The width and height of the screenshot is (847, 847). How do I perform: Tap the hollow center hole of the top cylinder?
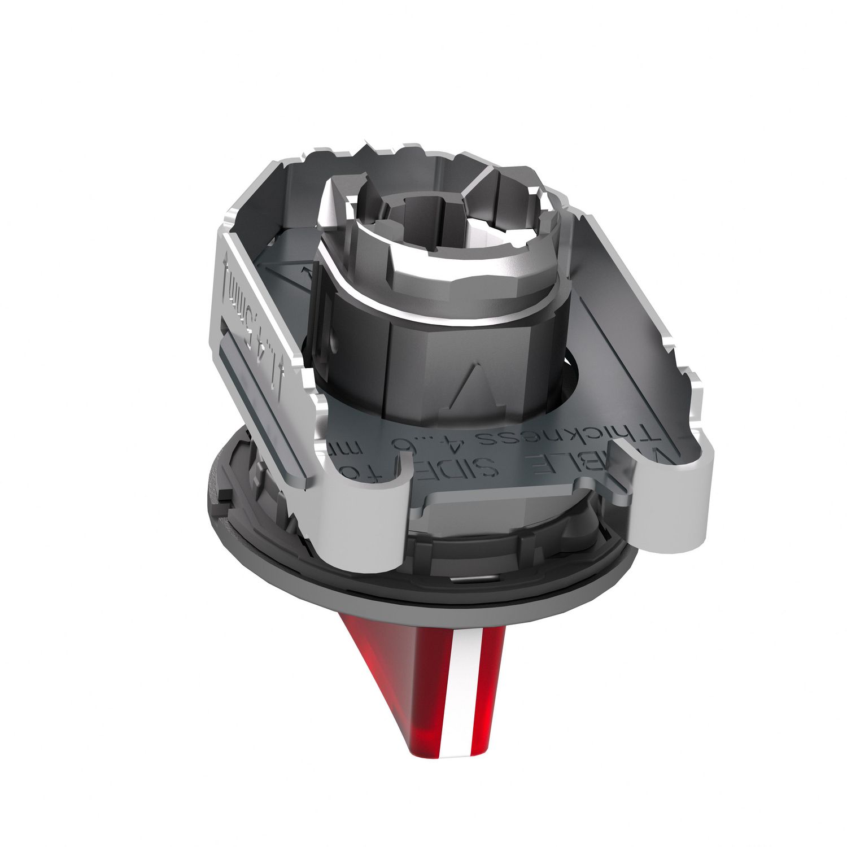407,226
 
